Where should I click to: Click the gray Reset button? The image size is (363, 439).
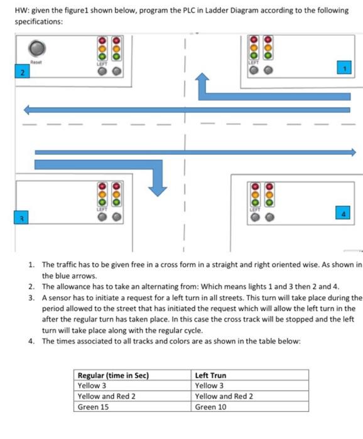39,48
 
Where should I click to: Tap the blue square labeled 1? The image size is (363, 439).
343,67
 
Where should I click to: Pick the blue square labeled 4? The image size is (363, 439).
342,211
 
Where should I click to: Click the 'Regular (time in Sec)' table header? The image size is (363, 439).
112,375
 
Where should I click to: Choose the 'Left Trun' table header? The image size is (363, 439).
211,375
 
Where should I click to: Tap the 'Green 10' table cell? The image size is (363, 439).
210,406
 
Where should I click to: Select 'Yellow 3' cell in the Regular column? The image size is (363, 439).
92,385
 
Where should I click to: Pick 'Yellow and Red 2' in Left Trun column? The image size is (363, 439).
224,396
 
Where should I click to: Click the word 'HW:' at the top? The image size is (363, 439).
23,9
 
